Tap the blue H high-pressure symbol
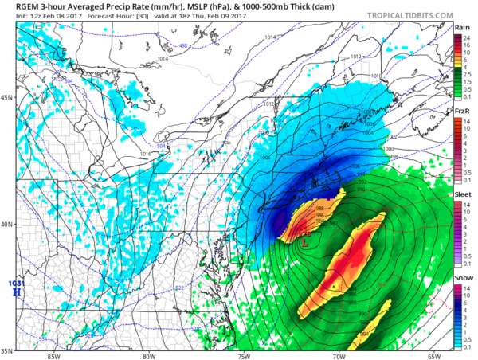click(x=15, y=293)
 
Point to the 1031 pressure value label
click(x=15, y=284)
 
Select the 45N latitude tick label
click(x=8, y=98)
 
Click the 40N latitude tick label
click(x=8, y=224)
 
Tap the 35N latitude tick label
click(x=8, y=350)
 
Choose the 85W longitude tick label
click(x=53, y=356)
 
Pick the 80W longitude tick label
click(x=148, y=356)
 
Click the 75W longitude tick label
click(x=244, y=356)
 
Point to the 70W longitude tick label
click(x=339, y=356)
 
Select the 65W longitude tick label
click(x=434, y=356)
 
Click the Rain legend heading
click(x=461, y=27)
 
